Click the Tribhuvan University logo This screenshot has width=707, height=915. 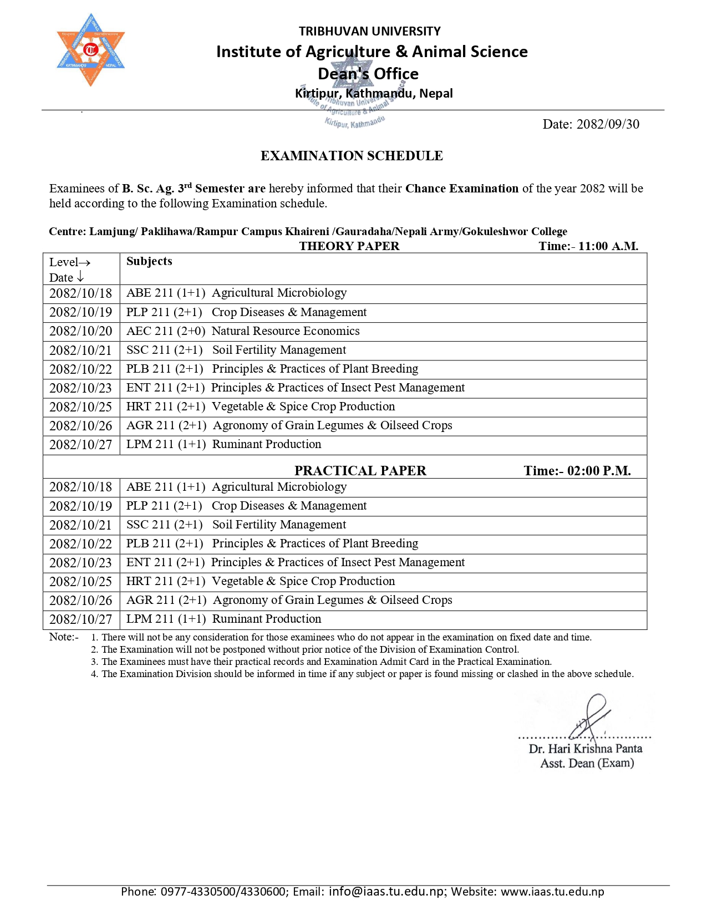point(90,50)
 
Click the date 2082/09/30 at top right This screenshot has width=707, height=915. point(591,124)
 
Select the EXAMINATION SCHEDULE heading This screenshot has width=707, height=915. point(352,156)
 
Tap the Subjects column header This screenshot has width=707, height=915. point(149,261)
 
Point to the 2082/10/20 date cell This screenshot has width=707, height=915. point(81,331)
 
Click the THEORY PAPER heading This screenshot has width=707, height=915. point(349,246)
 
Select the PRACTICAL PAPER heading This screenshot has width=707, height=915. point(360,471)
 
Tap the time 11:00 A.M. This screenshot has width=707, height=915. point(608,246)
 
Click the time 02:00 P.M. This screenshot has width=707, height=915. point(599,471)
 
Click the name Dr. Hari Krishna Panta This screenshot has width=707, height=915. point(586,749)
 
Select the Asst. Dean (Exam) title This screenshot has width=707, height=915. point(587,764)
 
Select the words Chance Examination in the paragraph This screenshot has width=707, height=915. point(461,189)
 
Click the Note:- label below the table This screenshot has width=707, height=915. point(64,637)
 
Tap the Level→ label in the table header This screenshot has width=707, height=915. point(69,262)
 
